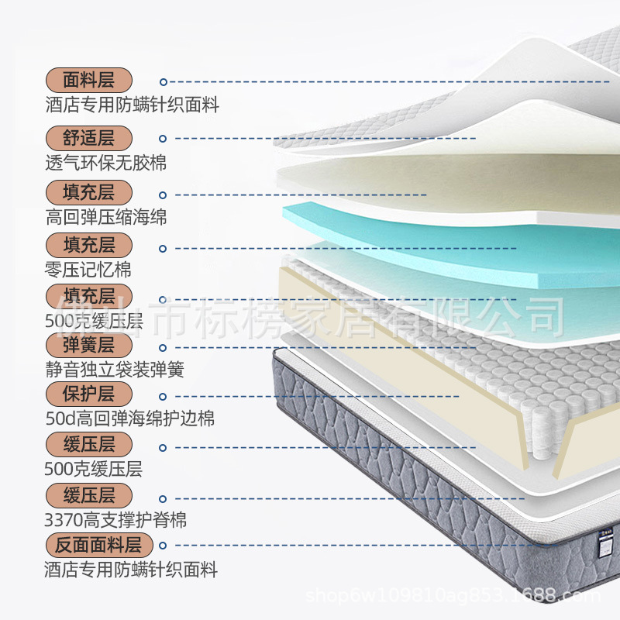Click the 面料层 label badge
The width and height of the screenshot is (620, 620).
[88, 81]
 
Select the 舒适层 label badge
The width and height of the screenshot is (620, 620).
[88, 139]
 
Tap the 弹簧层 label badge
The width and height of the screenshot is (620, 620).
[88, 344]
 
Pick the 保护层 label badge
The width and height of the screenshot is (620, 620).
[88, 394]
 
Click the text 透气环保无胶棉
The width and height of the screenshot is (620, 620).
[106, 163]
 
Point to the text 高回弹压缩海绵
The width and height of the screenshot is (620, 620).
[106, 217]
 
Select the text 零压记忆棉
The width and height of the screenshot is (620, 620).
[88, 270]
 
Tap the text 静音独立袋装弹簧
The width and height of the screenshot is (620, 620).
[115, 369]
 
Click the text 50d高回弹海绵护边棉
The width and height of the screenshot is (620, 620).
[130, 418]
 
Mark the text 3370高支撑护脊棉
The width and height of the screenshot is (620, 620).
[115, 519]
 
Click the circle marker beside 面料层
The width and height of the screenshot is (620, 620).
[164, 81]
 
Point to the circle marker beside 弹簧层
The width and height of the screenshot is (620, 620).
[164, 346]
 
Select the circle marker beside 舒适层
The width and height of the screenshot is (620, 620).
[164, 139]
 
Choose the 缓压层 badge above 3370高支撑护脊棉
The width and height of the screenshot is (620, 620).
[88, 495]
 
